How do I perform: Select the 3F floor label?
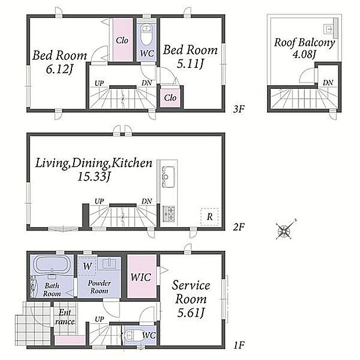pyautogui.click(x=239, y=109)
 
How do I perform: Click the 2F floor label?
pyautogui.click(x=239, y=227)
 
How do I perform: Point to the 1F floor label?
pyautogui.click(x=239, y=345)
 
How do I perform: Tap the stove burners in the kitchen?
pyautogui.click(x=168, y=214)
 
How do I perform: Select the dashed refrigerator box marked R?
pyautogui.click(x=210, y=217)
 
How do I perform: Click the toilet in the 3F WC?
pyautogui.click(x=145, y=35)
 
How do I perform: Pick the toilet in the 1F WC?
pyautogui.click(x=131, y=336)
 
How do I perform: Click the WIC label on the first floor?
pyautogui.click(x=141, y=277)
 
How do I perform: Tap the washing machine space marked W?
pyautogui.click(x=87, y=266)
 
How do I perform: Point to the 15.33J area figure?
pyautogui.click(x=94, y=177)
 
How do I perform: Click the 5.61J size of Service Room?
pyautogui.click(x=190, y=312)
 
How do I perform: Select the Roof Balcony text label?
pyautogui.click(x=304, y=43)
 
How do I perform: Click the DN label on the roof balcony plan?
pyautogui.click(x=328, y=82)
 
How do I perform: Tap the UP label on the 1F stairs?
pyautogui.click(x=99, y=319)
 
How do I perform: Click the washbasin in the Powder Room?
pyautogui.click(x=109, y=264)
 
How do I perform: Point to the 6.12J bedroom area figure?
pyautogui.click(x=59, y=69)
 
